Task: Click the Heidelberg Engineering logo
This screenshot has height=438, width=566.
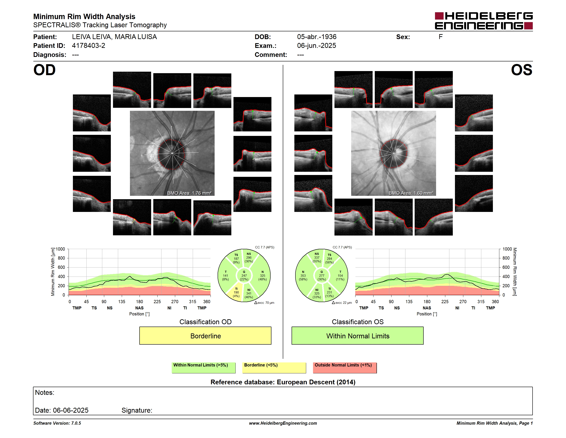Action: point(484,21)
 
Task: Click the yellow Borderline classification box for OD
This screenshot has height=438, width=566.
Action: point(205,336)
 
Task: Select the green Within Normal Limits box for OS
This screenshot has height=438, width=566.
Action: point(357,336)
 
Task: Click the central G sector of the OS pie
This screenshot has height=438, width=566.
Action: point(322,275)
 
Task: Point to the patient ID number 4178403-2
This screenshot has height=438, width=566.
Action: point(89,46)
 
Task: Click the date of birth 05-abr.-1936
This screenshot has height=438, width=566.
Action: point(317,37)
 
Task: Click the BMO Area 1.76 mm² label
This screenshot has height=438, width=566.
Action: point(189,193)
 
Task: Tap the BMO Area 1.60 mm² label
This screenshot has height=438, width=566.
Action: point(411,193)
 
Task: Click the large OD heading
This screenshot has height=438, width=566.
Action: point(44,70)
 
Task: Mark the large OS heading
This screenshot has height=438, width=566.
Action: point(522,70)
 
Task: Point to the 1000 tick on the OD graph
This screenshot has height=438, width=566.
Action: point(60,249)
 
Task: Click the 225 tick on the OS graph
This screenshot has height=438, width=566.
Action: point(445,301)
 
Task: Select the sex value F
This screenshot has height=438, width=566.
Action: point(441,37)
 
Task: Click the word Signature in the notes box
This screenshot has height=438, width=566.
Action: point(137,410)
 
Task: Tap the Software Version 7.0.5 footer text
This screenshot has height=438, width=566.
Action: point(57,423)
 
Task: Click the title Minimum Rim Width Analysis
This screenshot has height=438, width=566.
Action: point(84,17)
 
